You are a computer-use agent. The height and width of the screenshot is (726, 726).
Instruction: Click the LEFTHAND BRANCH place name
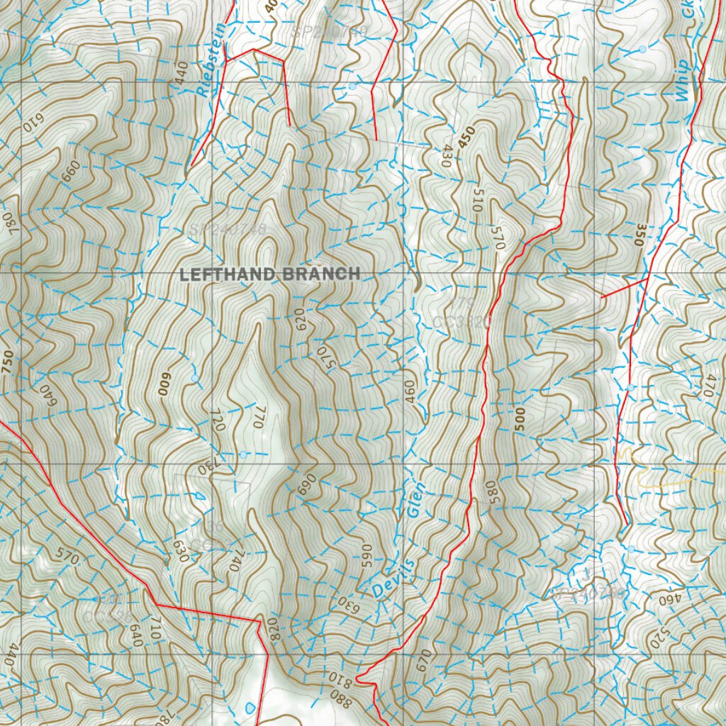click(x=270, y=274)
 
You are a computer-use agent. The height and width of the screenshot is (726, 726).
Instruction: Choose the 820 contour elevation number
click(x=275, y=630)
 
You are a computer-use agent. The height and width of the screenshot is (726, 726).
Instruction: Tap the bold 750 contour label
click(x=8, y=362)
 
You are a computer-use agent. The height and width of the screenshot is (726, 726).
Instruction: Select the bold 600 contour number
click(x=167, y=382)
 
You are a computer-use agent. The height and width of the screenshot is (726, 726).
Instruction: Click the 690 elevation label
click(x=306, y=484)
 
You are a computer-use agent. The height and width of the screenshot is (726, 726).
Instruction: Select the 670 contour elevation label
click(x=424, y=661)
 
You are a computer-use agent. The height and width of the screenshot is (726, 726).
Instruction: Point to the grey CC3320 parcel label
click(x=462, y=321)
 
